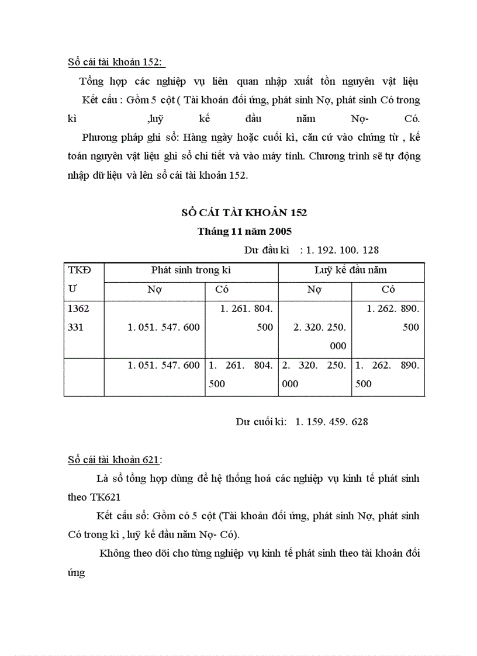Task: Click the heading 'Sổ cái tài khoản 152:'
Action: tap(116, 62)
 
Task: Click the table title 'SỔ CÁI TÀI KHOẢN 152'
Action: tap(244, 213)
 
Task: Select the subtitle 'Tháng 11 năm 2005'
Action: tap(244, 231)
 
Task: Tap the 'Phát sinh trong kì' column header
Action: tap(191, 270)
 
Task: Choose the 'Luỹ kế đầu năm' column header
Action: tap(351, 270)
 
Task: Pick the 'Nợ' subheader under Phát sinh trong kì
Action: tap(154, 289)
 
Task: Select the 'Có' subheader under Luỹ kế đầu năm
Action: tap(388, 289)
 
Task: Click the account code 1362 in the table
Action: tap(79, 308)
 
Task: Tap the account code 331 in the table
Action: tap(76, 327)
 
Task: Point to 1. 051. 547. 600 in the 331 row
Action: tap(164, 327)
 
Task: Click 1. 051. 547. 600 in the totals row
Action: tap(164, 365)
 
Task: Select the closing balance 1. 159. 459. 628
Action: tap(331, 421)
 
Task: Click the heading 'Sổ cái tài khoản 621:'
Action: tap(115, 459)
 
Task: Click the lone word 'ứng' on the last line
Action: tap(76, 572)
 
